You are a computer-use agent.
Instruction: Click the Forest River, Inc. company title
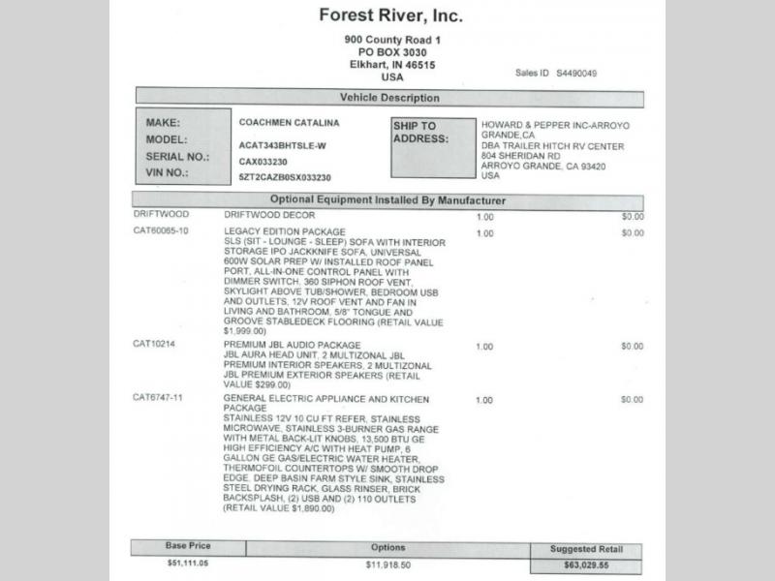point(391,15)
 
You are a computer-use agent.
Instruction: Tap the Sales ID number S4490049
point(577,73)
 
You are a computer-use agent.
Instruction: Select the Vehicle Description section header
point(389,98)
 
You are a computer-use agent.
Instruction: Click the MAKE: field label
point(164,124)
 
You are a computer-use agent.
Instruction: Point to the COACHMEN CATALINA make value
point(289,124)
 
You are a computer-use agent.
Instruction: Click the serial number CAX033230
point(263,162)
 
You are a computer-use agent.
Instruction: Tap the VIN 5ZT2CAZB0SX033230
point(285,178)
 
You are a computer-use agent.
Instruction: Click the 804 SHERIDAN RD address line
point(520,156)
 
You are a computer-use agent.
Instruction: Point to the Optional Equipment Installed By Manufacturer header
point(387,200)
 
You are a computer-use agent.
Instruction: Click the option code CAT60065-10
point(161,232)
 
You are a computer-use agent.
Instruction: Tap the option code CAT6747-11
point(158,399)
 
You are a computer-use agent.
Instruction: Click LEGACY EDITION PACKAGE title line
point(285,232)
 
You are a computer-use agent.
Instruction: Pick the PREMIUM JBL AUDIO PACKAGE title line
point(292,345)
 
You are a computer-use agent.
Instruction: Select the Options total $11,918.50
point(387,563)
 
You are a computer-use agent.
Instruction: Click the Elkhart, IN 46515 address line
point(392,64)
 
